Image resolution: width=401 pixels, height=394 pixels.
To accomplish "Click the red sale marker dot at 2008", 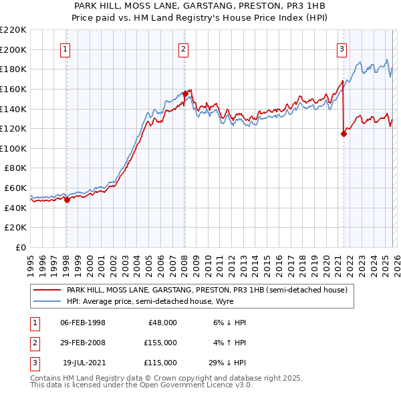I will click(184, 93).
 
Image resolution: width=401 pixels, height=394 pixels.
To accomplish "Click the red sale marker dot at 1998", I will click(67, 199).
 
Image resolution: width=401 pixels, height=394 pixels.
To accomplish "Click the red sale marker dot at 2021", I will click(344, 134).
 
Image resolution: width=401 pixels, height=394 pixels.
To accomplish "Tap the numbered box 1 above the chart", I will click(66, 48).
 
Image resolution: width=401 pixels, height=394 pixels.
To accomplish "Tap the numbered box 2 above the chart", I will click(183, 48).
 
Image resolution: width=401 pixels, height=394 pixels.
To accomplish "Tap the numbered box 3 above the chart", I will click(342, 48).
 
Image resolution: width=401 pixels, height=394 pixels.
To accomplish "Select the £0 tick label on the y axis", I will click(21, 248).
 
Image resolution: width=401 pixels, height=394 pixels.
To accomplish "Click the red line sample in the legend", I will click(47, 290).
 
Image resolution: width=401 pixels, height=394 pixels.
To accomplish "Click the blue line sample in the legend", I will click(47, 302).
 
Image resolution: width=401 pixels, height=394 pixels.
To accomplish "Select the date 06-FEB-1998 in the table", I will click(82, 323).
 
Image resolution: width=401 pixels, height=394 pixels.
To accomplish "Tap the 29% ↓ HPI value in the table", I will click(227, 363).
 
